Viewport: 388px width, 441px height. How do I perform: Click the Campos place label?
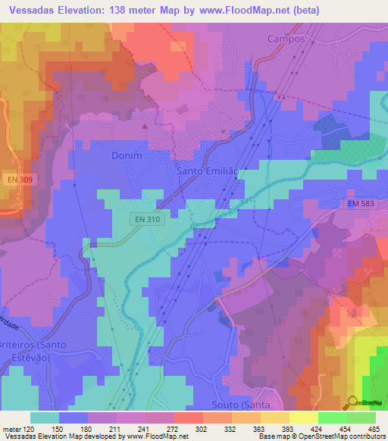coord(286,38)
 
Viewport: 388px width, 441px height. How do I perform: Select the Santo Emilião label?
coord(206,171)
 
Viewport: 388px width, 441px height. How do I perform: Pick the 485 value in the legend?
coord(371,429)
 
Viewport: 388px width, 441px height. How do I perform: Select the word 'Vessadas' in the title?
coord(35,11)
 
